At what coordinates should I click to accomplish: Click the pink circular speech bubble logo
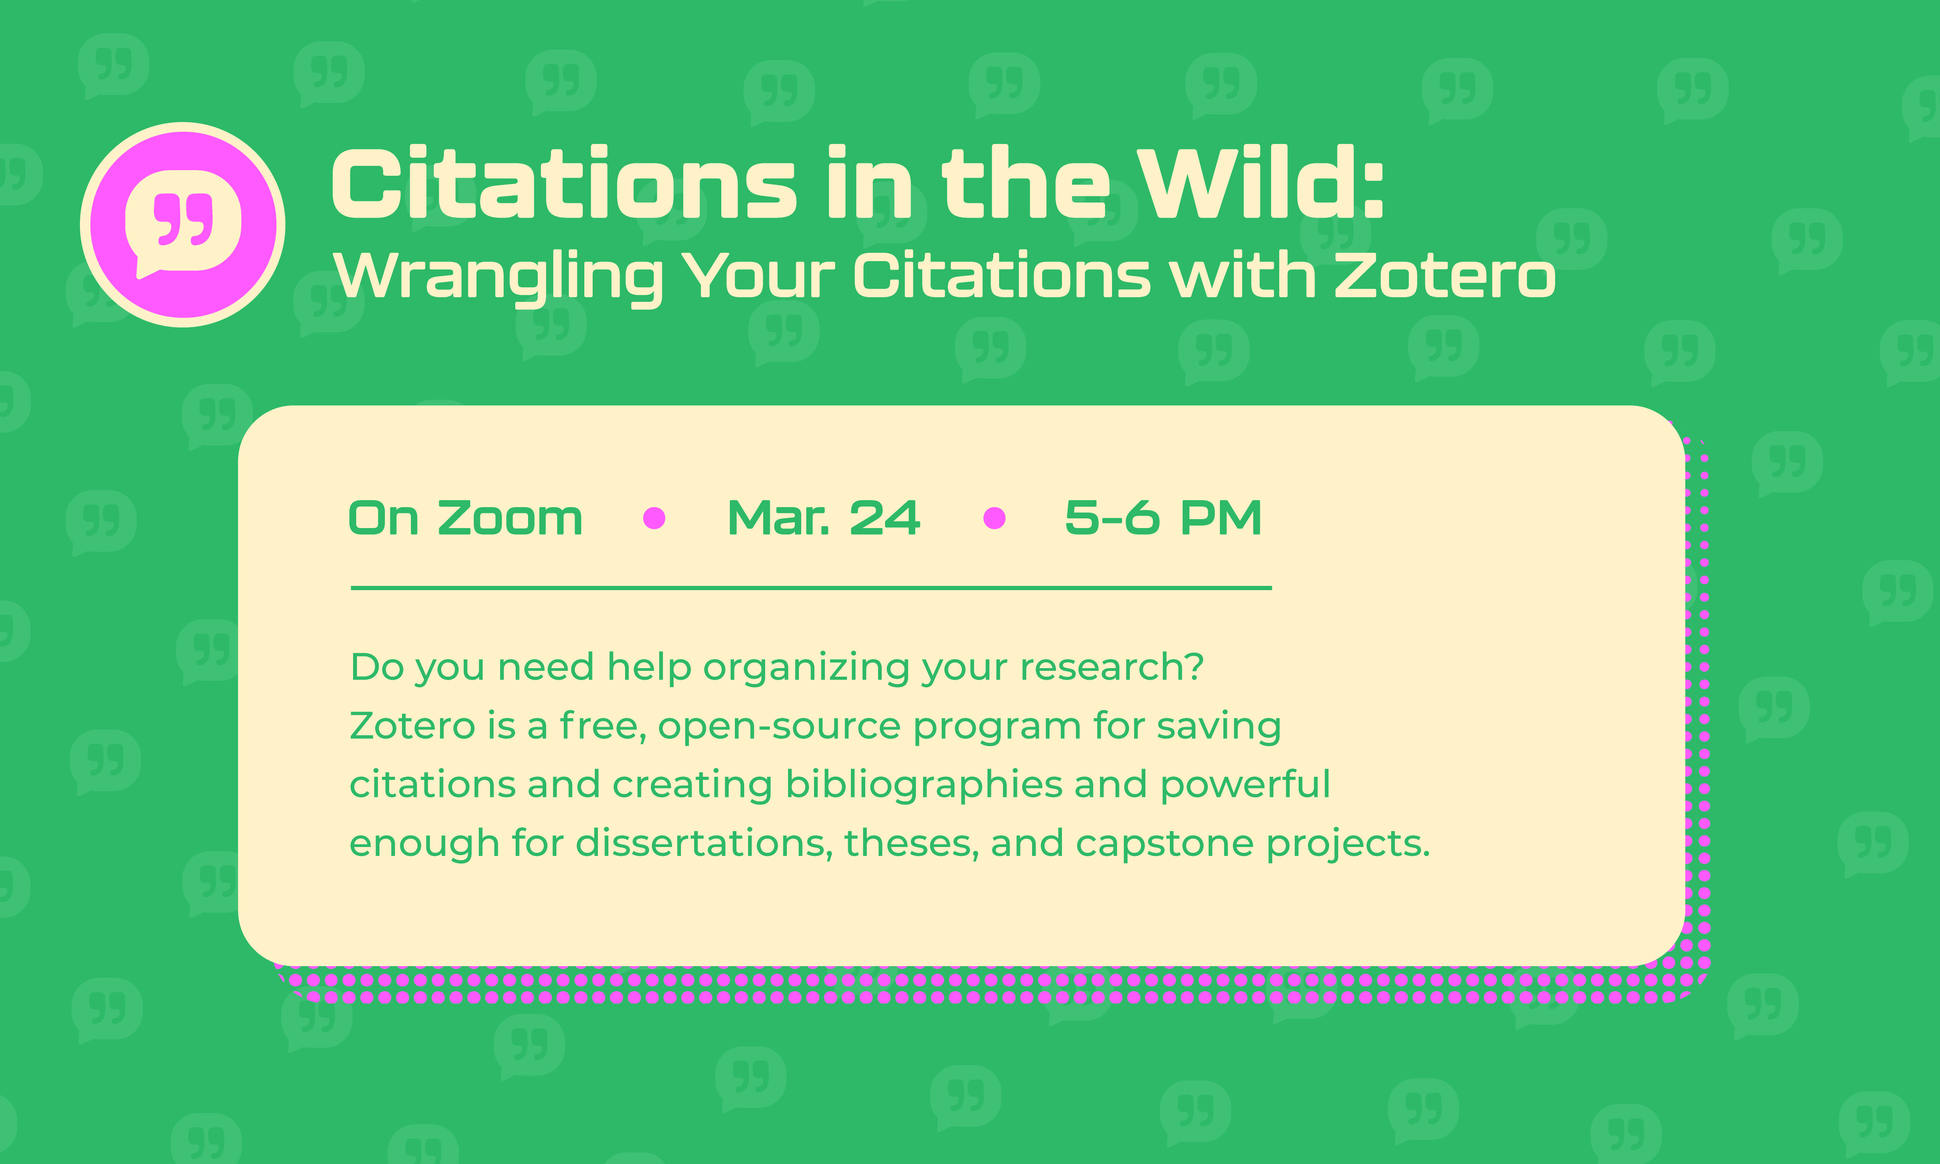coord(183,224)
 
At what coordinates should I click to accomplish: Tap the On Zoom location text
coord(466,518)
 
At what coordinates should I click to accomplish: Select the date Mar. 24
coord(823,518)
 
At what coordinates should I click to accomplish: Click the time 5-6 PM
coord(1163,518)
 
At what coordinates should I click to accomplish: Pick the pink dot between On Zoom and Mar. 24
coord(654,518)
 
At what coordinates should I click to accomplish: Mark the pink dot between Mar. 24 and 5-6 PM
coord(994,518)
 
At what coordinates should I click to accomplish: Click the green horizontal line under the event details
coord(811,587)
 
